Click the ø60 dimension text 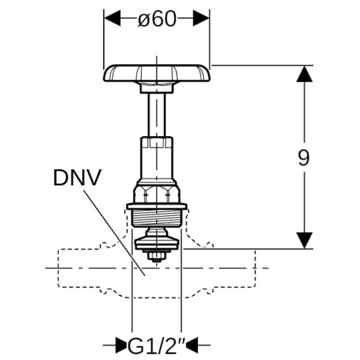click(157, 19)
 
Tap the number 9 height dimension click(304, 158)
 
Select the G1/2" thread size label click(156, 346)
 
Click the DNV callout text click(77, 178)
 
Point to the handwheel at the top click(157, 73)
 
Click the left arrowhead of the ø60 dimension click(112, 19)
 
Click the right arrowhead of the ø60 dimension click(202, 19)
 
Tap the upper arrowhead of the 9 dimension click(305, 74)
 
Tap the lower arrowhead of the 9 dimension click(305, 240)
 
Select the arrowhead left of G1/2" click(121, 346)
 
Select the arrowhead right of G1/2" click(192, 346)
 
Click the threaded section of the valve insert click(157, 217)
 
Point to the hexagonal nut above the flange click(157, 194)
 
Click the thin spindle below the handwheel click(156, 115)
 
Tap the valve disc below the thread click(157, 243)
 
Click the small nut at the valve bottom click(157, 257)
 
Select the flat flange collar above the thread click(157, 207)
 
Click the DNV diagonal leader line click(114, 233)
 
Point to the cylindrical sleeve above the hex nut click(156, 158)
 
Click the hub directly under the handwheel click(156, 88)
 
